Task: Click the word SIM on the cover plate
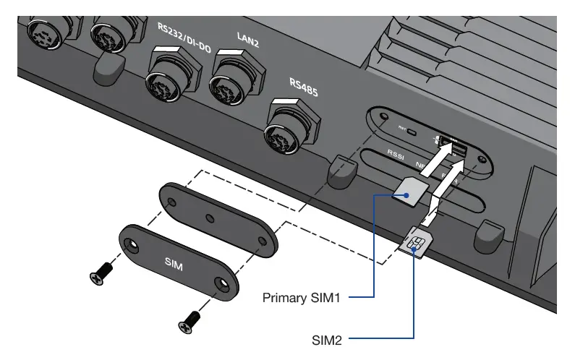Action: (x=174, y=265)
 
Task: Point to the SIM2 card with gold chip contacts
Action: (x=414, y=242)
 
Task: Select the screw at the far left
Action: (x=100, y=274)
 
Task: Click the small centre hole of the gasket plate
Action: (x=208, y=217)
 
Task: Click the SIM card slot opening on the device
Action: (x=457, y=150)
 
